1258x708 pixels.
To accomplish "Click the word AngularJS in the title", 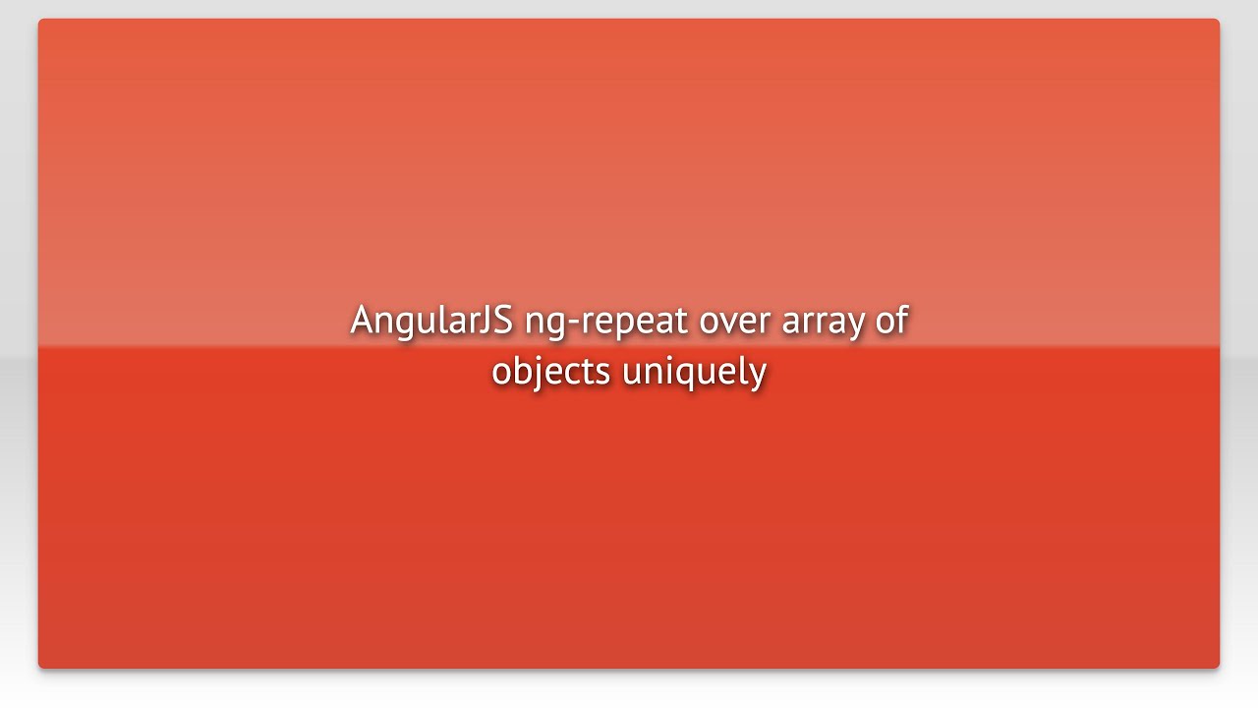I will [431, 321].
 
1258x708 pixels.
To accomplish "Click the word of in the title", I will [892, 321].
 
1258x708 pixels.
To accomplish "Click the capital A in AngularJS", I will [363, 321].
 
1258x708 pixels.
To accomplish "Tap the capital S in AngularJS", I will [503, 321].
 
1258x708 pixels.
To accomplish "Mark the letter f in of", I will [902, 320].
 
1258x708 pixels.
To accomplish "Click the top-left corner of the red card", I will [39, 20].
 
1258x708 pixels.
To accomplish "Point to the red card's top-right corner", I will [1219, 20].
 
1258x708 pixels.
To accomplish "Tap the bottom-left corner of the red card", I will [39, 668].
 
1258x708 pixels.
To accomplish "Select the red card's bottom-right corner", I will [1219, 668].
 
